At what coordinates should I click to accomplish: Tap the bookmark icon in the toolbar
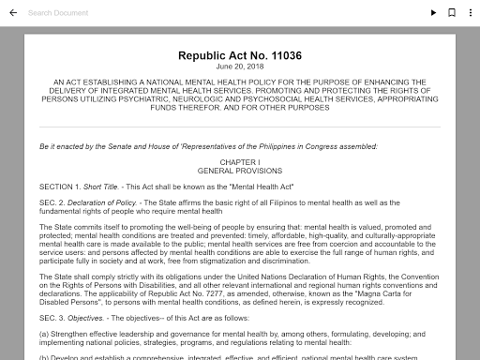(x=451, y=13)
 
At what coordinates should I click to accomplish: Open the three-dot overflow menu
(x=469, y=13)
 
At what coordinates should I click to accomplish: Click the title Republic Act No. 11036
(x=240, y=56)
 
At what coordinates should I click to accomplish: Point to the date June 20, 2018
(x=240, y=67)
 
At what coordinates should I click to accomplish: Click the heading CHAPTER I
(x=240, y=162)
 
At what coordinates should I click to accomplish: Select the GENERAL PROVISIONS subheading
(x=240, y=171)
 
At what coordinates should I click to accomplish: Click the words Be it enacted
(x=66, y=146)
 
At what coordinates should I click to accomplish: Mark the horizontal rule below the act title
(x=240, y=127)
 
